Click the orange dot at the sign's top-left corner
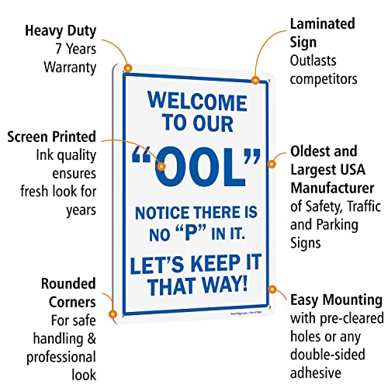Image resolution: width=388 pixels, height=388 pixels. click(128, 68)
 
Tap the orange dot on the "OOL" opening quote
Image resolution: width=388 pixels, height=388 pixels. click(162, 165)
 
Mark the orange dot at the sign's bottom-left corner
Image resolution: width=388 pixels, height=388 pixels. click(113, 314)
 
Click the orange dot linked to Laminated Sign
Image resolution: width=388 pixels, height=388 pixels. click(255, 78)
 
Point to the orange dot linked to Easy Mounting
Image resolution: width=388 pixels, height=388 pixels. click(272, 289)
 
